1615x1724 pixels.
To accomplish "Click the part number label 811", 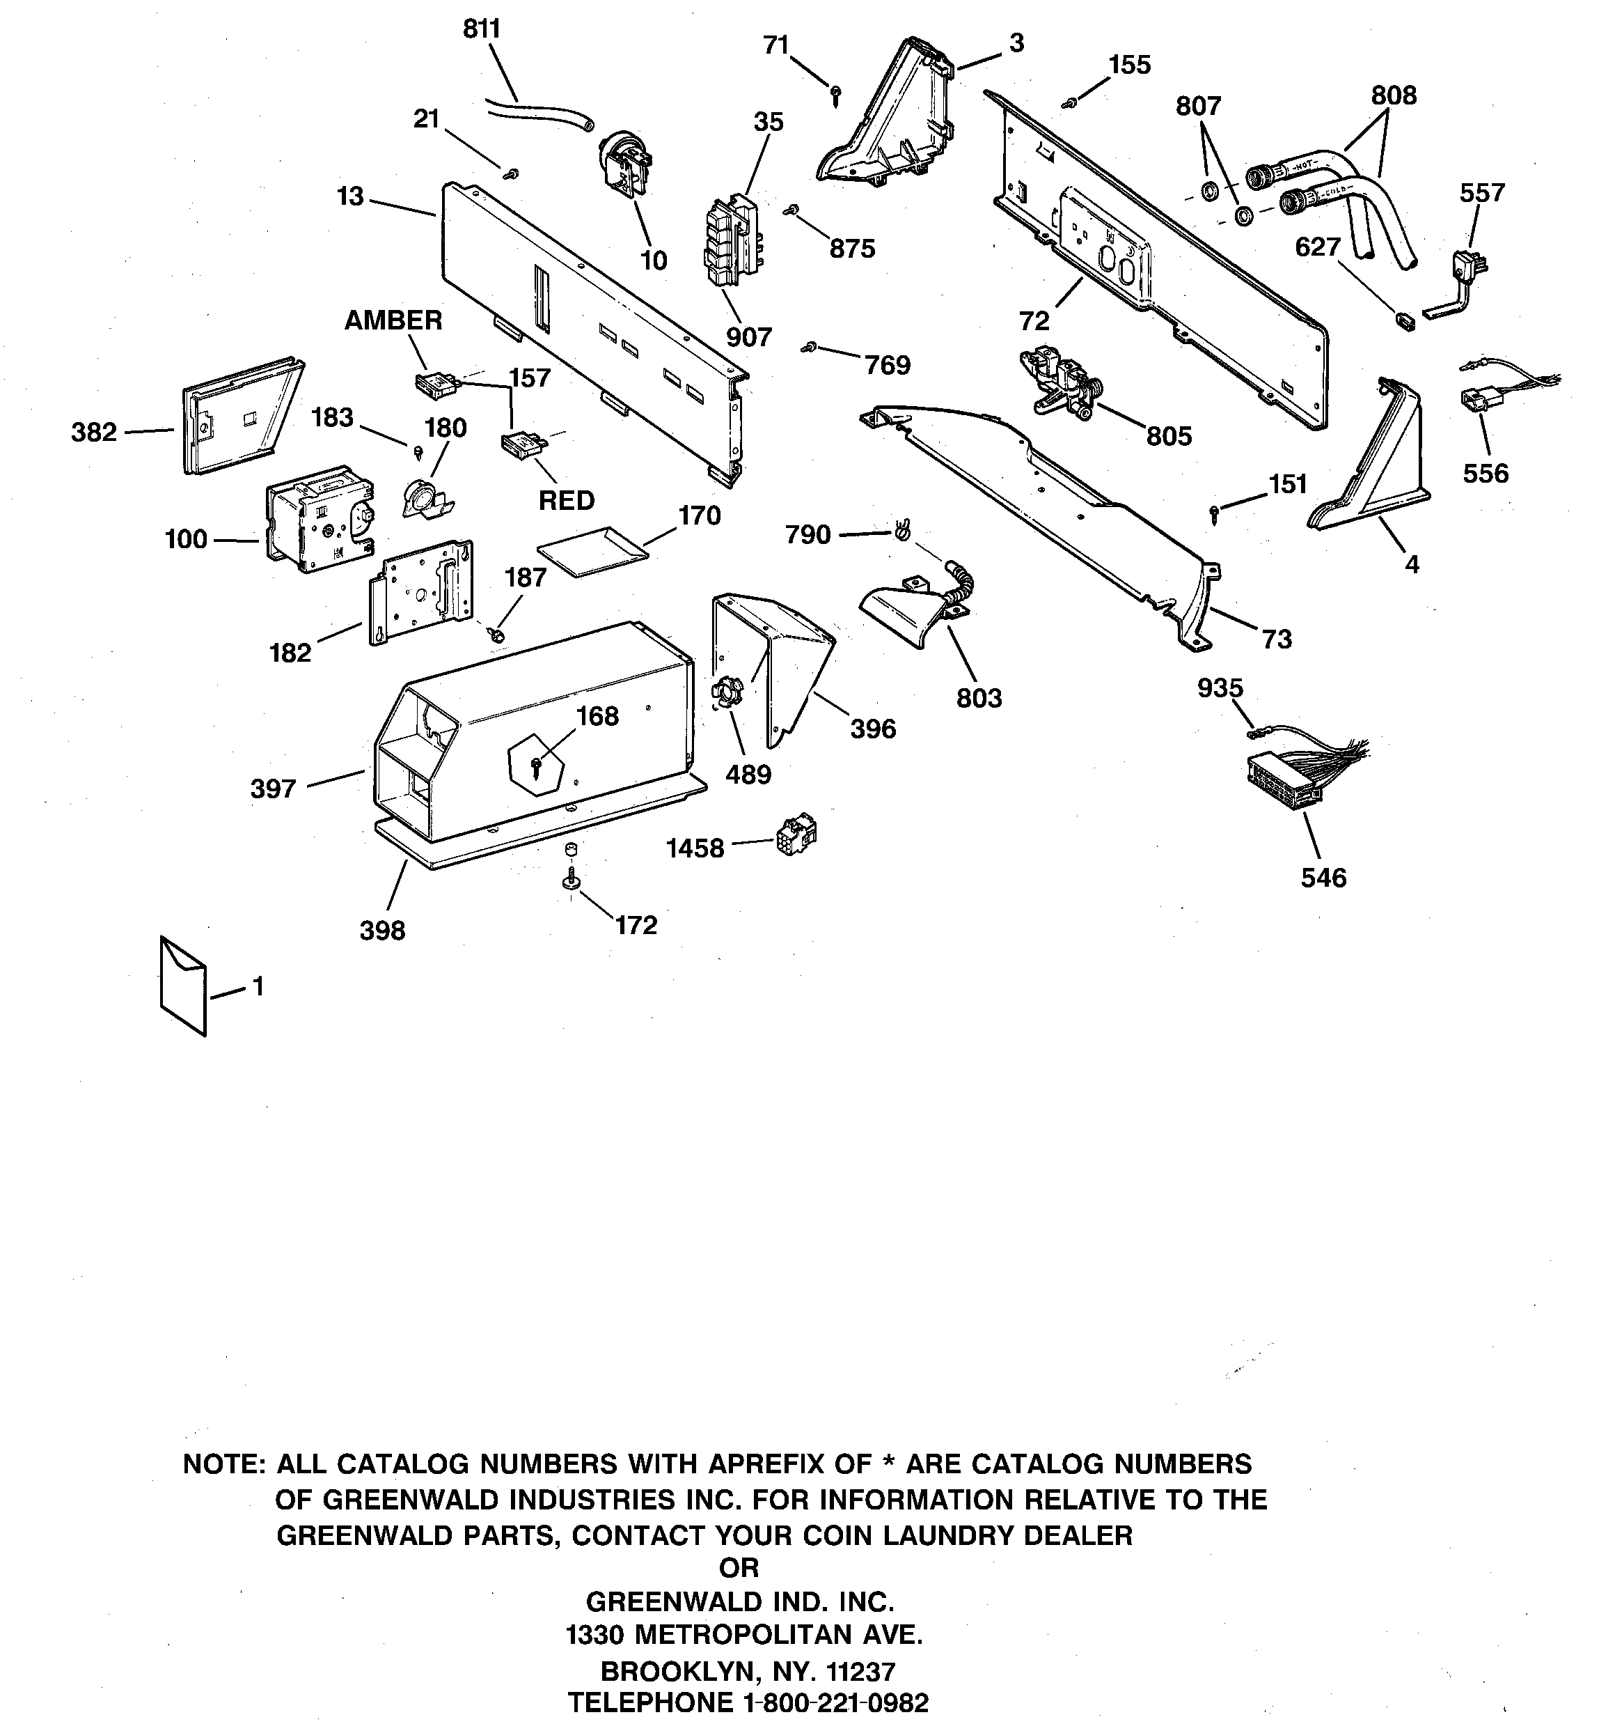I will coord(481,29).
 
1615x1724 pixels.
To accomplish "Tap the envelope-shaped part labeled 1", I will coord(183,985).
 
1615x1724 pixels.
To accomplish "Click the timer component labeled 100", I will coord(318,517).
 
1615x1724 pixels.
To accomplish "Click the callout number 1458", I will coord(694,848).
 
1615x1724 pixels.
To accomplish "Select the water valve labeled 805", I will coord(1059,382).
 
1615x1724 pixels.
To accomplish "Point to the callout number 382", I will coord(93,431).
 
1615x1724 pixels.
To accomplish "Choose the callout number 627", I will coord(1318,247).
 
